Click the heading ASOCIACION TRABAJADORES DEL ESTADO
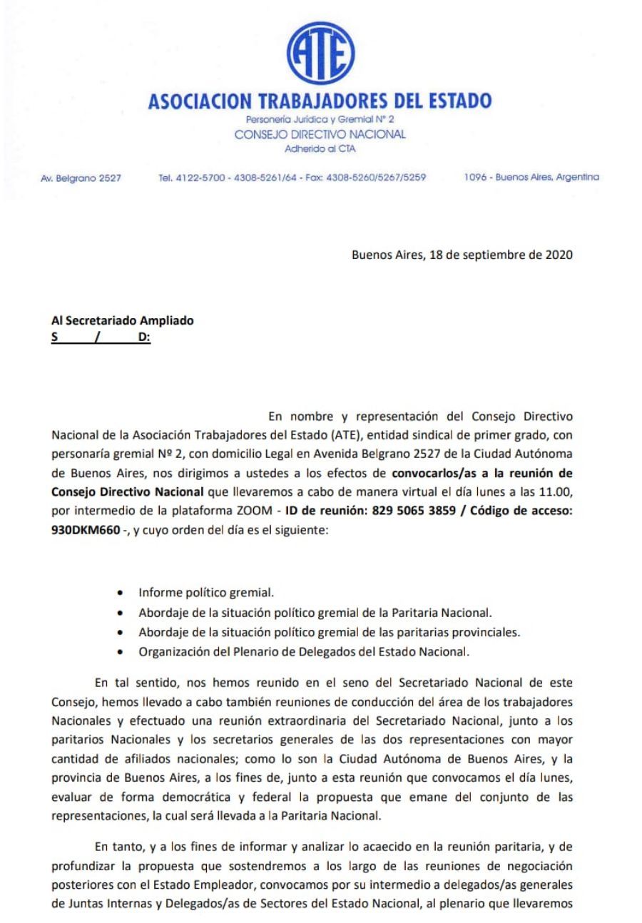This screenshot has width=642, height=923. tap(320, 102)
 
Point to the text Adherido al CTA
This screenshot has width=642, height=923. tap(320, 150)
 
